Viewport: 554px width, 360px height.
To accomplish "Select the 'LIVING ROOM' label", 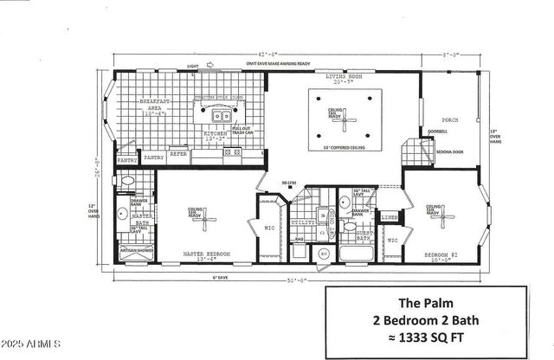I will [x=344, y=77].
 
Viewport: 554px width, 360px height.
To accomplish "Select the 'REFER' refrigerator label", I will [x=178, y=154].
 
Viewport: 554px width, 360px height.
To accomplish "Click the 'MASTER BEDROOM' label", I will [x=206, y=253].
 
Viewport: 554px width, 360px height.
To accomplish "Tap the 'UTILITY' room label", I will [x=304, y=222].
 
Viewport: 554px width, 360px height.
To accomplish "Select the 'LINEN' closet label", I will [x=389, y=216].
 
